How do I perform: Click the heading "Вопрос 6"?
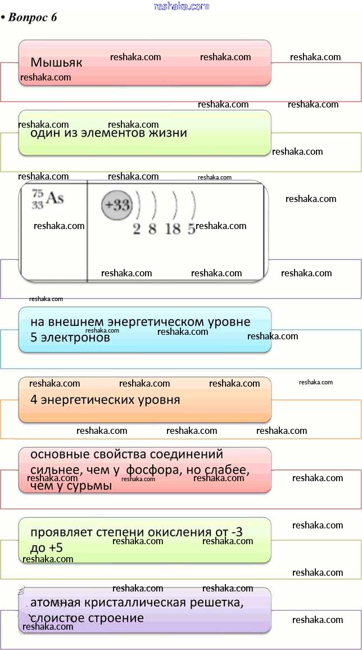33,17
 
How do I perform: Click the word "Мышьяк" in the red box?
56,62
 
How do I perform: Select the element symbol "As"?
55,198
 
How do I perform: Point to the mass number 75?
37,193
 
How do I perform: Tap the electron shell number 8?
152,229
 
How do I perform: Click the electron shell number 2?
137,229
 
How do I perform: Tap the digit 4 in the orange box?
34,400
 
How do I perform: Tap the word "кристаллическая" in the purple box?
138,603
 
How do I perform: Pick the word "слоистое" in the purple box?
57,618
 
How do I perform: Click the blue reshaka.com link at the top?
181,6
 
